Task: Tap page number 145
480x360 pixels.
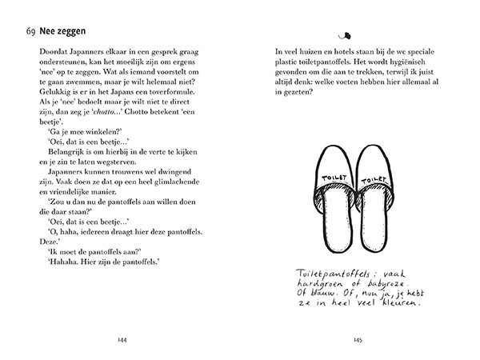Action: [358, 339]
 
